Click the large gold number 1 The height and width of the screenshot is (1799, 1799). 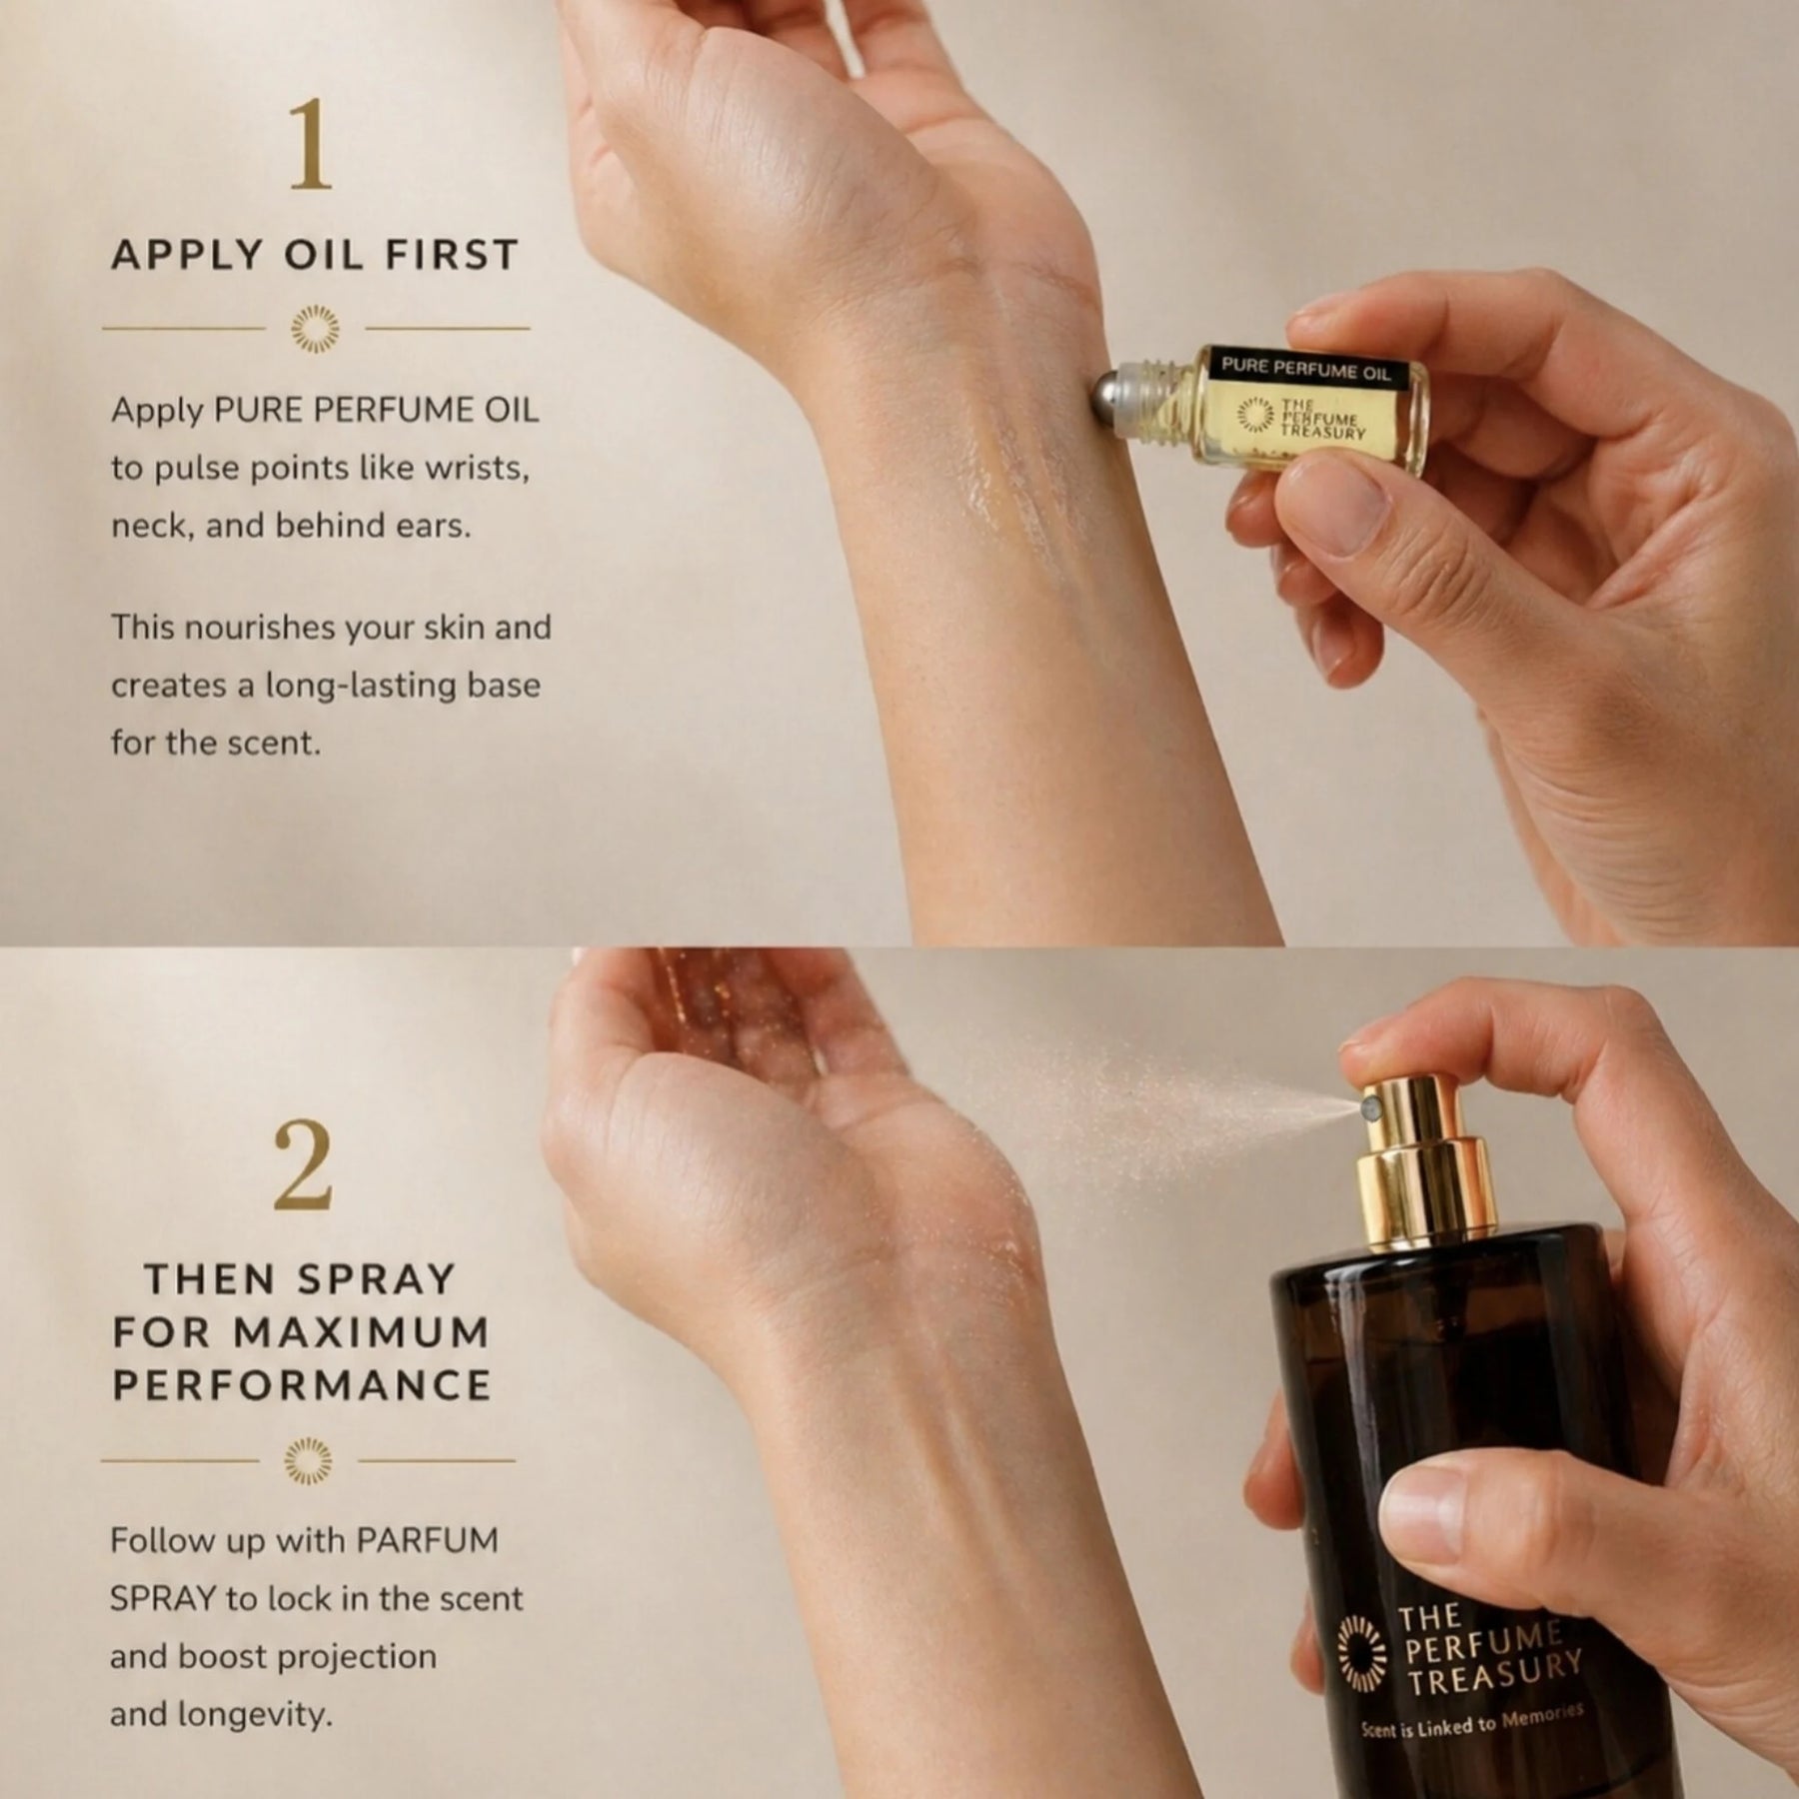310,146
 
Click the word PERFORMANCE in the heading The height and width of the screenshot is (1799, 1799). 303,1386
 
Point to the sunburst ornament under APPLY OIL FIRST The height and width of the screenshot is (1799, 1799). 315,328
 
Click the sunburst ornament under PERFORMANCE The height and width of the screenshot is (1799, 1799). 309,1461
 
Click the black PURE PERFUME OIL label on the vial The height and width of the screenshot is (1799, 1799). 1306,369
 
